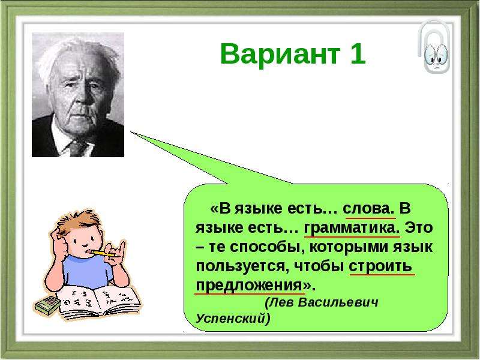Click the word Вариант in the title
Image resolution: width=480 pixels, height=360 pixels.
coord(280,54)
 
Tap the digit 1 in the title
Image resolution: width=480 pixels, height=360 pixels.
coord(358,54)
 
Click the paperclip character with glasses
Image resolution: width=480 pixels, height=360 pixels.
coord(434,47)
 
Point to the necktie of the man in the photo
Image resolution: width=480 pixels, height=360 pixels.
coord(77,148)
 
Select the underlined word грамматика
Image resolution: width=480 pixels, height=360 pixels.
coord(352,228)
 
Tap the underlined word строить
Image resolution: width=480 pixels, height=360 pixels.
coord(380,266)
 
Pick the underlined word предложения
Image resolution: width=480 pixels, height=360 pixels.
coord(249,286)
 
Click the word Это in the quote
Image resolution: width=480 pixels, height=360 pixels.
coord(419,228)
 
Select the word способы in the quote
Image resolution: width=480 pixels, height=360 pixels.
coord(267,247)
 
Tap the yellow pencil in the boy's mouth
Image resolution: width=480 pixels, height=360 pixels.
coord(103,253)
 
